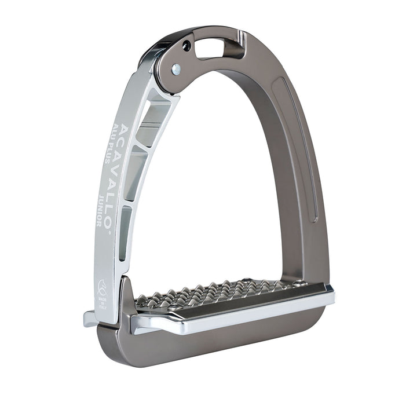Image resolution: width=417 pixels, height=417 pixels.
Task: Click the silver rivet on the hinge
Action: (177, 69)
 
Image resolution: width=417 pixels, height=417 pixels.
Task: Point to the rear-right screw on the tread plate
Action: (299, 283)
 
